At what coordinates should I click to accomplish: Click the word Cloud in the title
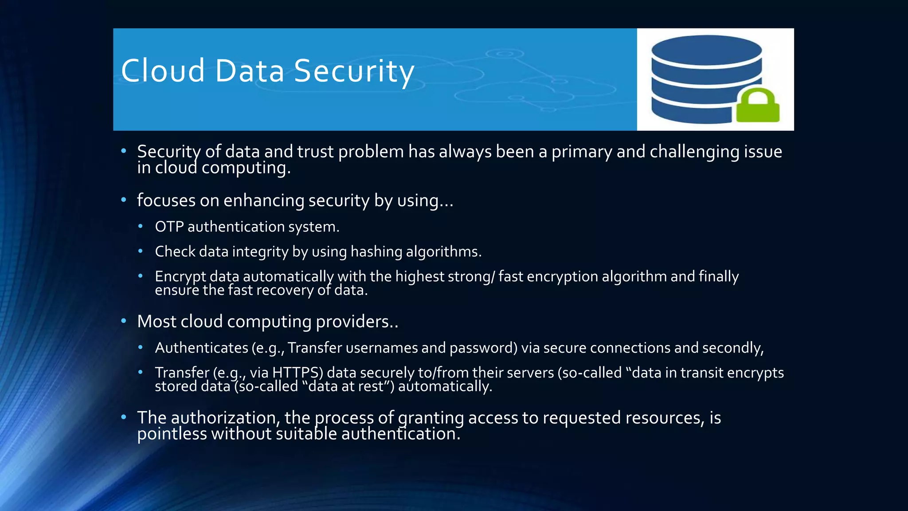tap(163, 71)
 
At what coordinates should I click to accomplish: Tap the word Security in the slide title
tap(354, 71)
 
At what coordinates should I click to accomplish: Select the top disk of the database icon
tap(706, 50)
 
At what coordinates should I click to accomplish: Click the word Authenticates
tap(201, 348)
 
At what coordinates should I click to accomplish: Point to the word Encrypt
tap(180, 276)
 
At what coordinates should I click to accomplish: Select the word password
tap(483, 348)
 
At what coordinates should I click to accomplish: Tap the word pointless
tap(172, 434)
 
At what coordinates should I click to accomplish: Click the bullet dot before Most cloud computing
tap(124, 321)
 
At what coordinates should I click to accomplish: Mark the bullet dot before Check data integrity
tap(141, 251)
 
